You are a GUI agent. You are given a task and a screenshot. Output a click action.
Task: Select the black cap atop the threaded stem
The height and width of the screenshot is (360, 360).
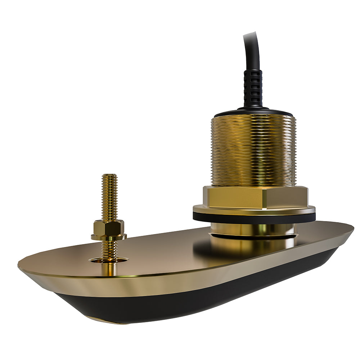click(253, 112)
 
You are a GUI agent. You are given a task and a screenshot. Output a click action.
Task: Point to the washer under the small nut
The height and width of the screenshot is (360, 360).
click(108, 237)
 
